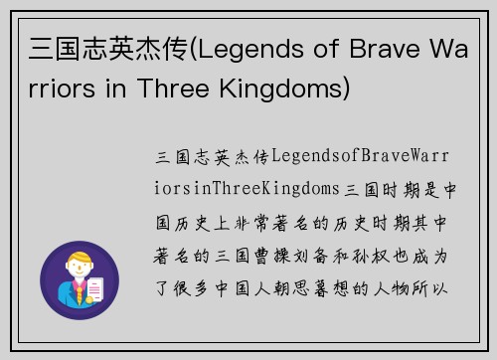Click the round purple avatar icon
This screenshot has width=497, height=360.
pos(79,280)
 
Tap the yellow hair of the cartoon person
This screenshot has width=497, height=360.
pos(79,262)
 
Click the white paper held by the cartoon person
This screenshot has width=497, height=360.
pos(96,288)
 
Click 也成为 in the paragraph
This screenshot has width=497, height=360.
pos(433,257)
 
